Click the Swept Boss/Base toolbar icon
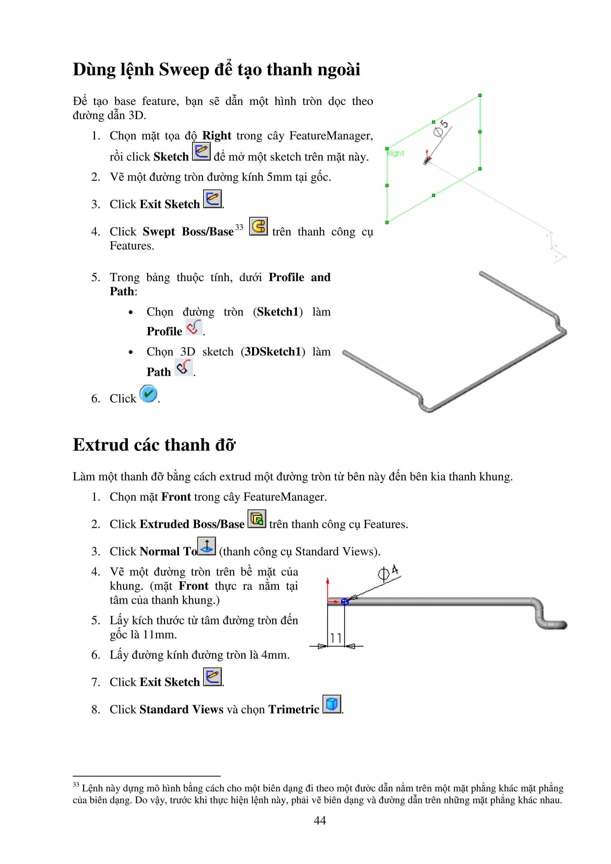258,227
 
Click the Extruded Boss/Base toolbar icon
257,519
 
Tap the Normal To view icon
207,546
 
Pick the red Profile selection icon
194,327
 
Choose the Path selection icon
184,367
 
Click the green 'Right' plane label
395,154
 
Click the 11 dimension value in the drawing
336,638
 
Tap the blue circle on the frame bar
345,602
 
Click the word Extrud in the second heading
101,445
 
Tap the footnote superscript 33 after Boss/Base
239,227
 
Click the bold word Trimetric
294,709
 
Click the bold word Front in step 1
176,497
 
